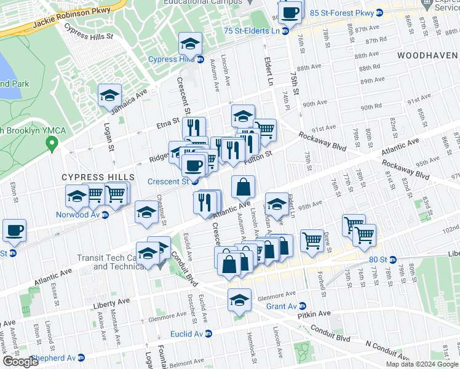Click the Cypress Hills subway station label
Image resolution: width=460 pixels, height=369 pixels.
click(x=172, y=60)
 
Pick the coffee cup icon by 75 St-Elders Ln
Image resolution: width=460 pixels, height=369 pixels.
click(x=291, y=12)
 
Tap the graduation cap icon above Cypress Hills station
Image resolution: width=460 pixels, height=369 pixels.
click(x=190, y=44)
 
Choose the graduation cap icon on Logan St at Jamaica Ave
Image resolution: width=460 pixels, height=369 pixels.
click(x=109, y=95)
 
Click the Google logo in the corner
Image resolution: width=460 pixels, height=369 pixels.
click(x=20, y=362)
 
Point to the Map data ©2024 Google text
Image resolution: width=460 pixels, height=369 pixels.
click(x=421, y=363)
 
